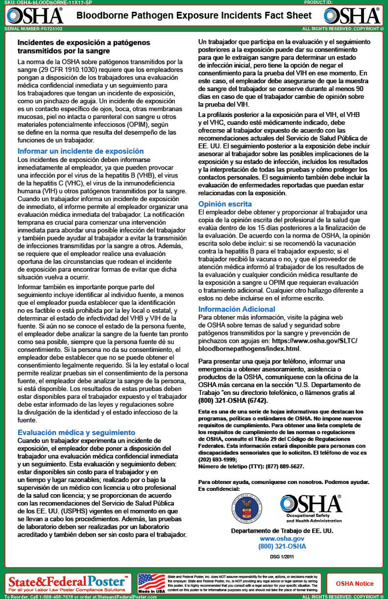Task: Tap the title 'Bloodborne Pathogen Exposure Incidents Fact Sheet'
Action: point(194,16)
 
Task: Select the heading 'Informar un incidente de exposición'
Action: point(80,151)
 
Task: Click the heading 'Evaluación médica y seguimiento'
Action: point(76,432)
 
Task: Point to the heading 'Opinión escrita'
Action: point(225,204)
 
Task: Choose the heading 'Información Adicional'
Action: point(236,309)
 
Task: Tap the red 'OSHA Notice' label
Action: point(355,584)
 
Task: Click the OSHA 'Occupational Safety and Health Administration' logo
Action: point(311,509)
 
